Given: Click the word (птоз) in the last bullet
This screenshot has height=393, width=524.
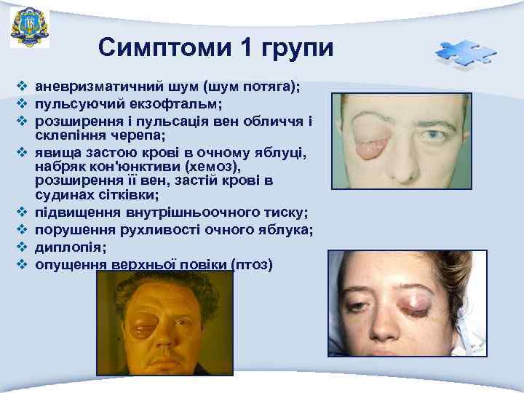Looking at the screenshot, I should (251, 263).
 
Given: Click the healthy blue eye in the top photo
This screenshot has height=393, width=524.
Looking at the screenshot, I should (435, 136).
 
